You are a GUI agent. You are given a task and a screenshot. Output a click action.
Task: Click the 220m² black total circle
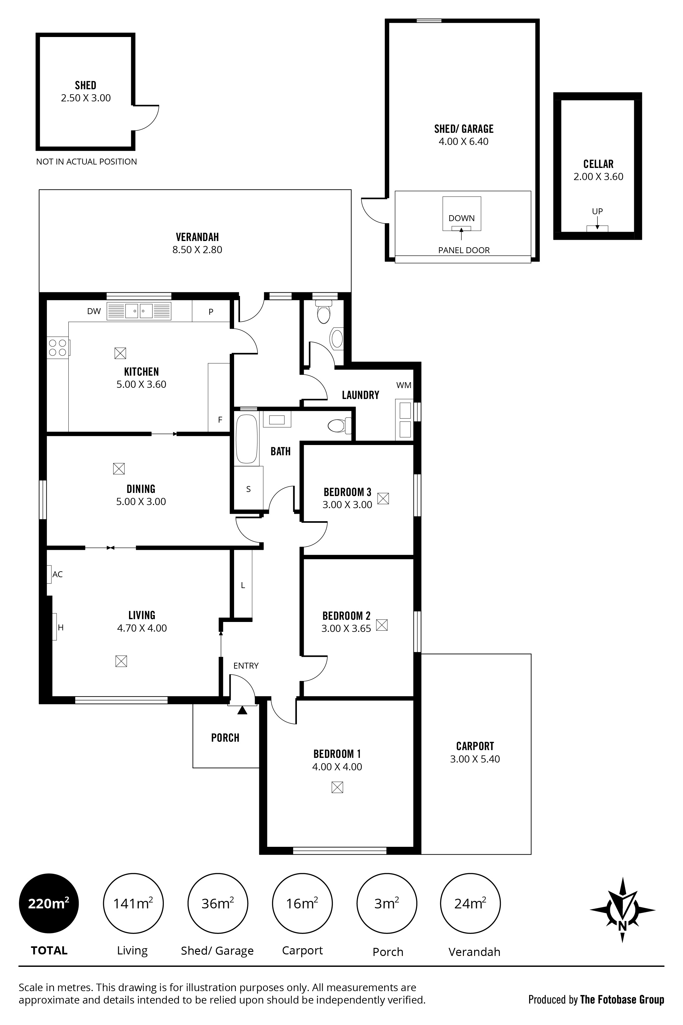tap(49, 903)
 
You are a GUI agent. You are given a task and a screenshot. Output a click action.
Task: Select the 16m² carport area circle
tap(302, 903)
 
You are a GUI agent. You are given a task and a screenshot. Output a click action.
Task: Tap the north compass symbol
tap(622, 910)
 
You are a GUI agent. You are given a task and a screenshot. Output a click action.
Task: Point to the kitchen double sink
tap(139, 311)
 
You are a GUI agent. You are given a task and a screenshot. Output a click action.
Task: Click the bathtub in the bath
tap(247, 439)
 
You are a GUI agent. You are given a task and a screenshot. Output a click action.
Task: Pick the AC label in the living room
tap(58, 574)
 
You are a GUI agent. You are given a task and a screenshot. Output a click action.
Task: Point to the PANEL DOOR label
tap(464, 250)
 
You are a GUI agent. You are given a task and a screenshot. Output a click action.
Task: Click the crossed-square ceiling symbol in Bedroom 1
tap(337, 787)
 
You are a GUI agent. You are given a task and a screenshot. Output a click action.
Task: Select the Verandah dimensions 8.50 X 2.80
tap(197, 250)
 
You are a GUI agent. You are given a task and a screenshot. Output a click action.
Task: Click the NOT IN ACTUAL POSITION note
tap(86, 162)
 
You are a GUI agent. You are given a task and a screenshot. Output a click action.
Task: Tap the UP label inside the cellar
tap(597, 211)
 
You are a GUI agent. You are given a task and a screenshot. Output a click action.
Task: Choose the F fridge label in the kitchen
tap(220, 420)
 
